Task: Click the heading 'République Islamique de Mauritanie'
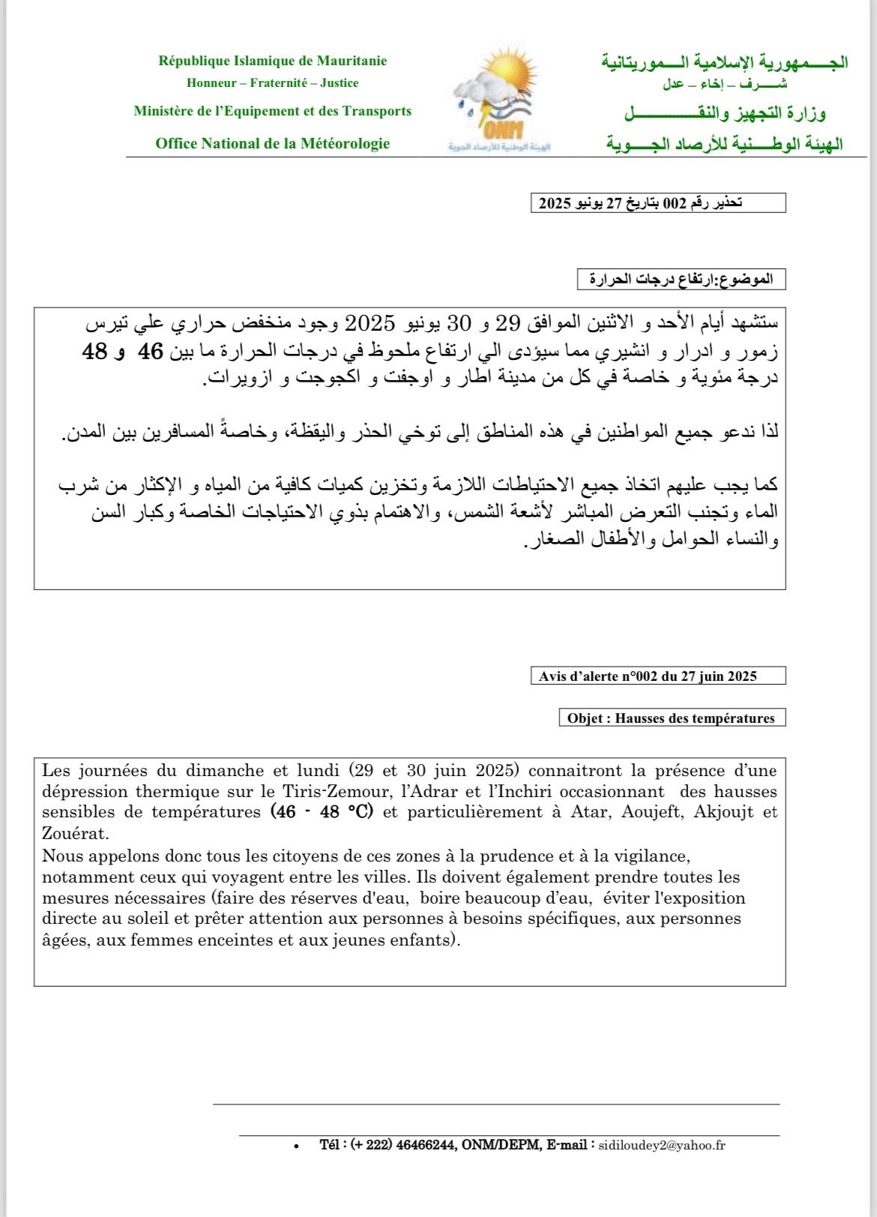click(273, 61)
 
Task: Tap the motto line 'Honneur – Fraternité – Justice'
click(273, 83)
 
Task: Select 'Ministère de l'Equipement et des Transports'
click(273, 111)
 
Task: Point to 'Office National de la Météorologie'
click(273, 143)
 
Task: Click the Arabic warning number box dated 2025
click(658, 203)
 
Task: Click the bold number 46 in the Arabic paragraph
click(151, 351)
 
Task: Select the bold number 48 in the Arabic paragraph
click(95, 351)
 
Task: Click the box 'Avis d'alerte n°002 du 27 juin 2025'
click(657, 676)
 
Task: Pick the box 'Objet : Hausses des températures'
click(672, 718)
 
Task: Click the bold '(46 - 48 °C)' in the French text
click(322, 812)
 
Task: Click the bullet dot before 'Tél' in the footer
click(297, 1147)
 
